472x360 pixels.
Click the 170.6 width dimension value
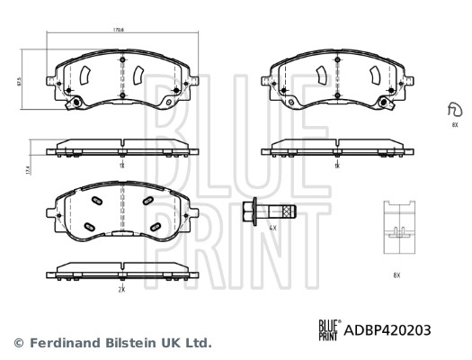pos(118,31)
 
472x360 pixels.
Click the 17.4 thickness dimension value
pos(29,168)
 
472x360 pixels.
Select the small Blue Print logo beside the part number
pos(328,330)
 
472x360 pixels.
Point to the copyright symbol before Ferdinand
pos(17,343)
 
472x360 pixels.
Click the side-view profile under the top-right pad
pos(334,148)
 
